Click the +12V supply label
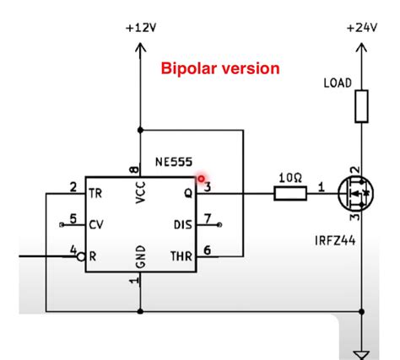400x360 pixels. [140, 28]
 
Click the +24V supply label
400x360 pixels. [362, 28]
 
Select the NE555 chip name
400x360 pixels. [174, 161]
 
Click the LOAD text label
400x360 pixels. [338, 83]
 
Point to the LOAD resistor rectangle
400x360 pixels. [362, 105]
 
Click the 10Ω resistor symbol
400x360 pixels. [290, 193]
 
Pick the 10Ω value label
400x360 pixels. [289, 178]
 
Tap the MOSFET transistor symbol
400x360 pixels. [355, 194]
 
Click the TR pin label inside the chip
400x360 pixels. [96, 193]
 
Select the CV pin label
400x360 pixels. [96, 225]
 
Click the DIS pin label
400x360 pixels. [183, 225]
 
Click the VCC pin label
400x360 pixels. [140, 195]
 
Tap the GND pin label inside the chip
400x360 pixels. [140, 254]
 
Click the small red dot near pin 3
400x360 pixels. [201, 179]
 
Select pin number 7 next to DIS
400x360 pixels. [208, 219]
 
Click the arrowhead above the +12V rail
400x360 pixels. [140, 48]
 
